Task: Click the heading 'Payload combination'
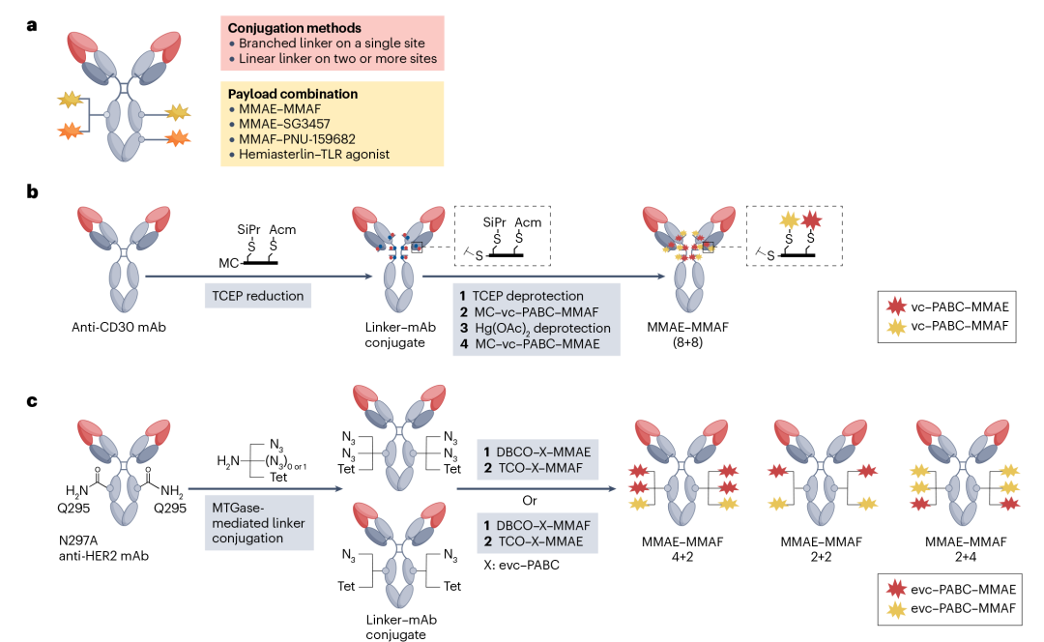293,94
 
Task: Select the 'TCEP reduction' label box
257,295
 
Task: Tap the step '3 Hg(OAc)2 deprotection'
535,328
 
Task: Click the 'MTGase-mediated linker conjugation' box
258,522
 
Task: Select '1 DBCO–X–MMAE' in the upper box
536,452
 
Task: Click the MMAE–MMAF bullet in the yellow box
275,109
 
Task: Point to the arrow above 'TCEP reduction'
259,277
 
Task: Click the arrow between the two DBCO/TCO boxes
536,488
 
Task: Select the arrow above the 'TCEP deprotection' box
544,277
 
